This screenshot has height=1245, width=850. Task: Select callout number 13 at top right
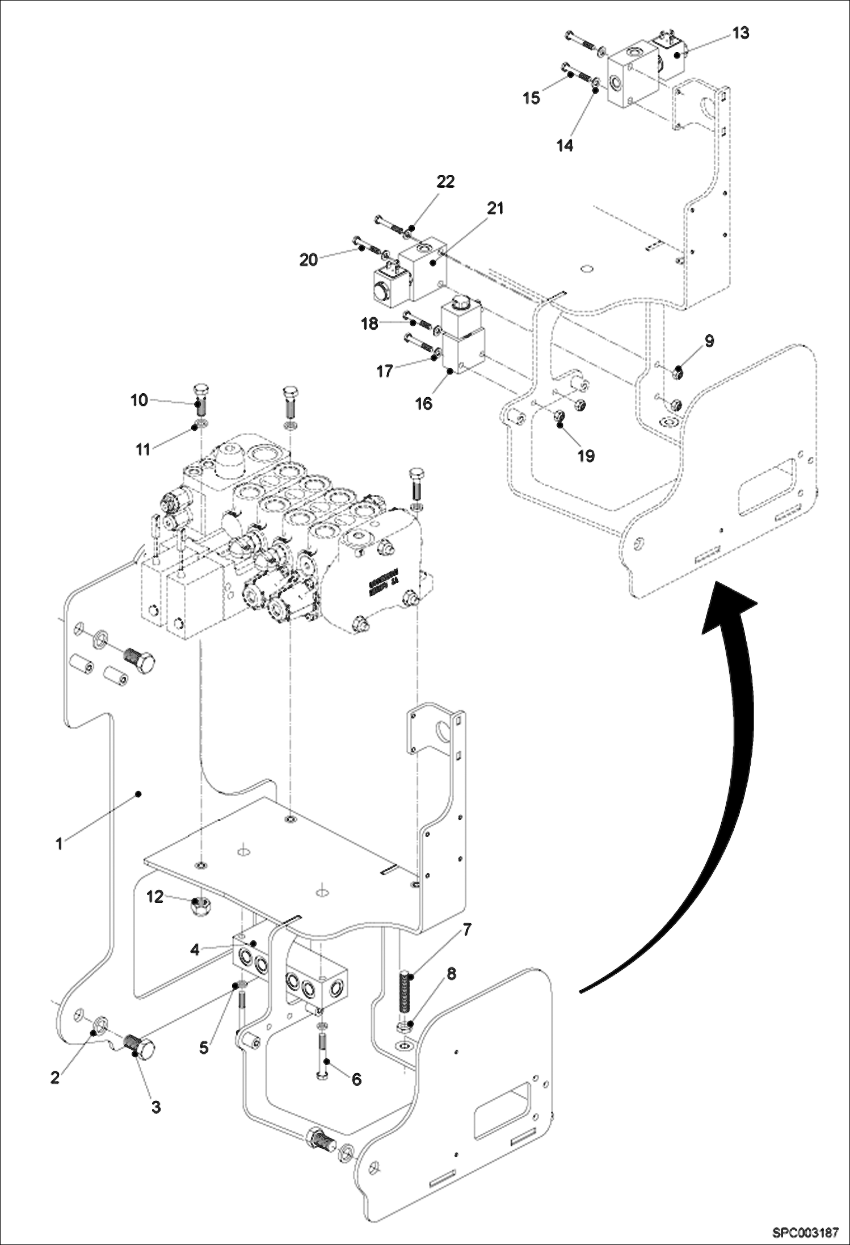click(x=740, y=33)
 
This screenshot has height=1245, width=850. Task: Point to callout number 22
click(x=445, y=182)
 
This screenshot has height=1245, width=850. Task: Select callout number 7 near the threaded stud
click(x=466, y=930)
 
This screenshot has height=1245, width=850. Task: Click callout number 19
click(x=586, y=455)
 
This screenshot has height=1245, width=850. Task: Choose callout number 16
click(x=423, y=403)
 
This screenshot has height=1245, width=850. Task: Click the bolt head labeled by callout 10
click(x=200, y=390)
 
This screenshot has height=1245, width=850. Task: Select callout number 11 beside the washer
click(x=142, y=449)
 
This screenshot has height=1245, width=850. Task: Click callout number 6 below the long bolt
click(x=356, y=1079)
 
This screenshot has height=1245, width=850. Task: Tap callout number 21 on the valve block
click(x=495, y=208)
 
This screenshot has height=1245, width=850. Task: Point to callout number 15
click(x=531, y=98)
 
